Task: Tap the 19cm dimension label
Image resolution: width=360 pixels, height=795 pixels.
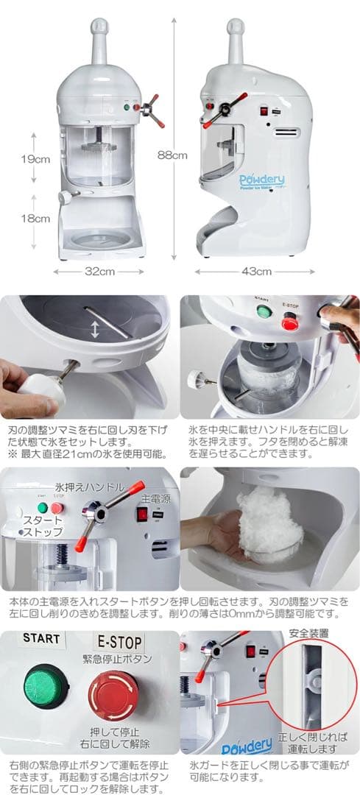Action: [35, 159]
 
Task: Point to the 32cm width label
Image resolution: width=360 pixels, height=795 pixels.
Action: [99, 271]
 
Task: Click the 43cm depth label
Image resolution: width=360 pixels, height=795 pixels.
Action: [256, 271]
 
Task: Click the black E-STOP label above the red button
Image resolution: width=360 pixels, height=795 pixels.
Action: [120, 642]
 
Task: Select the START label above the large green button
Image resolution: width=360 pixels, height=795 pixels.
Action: [41, 637]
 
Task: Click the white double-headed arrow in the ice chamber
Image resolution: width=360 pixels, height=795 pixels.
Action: [95, 329]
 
